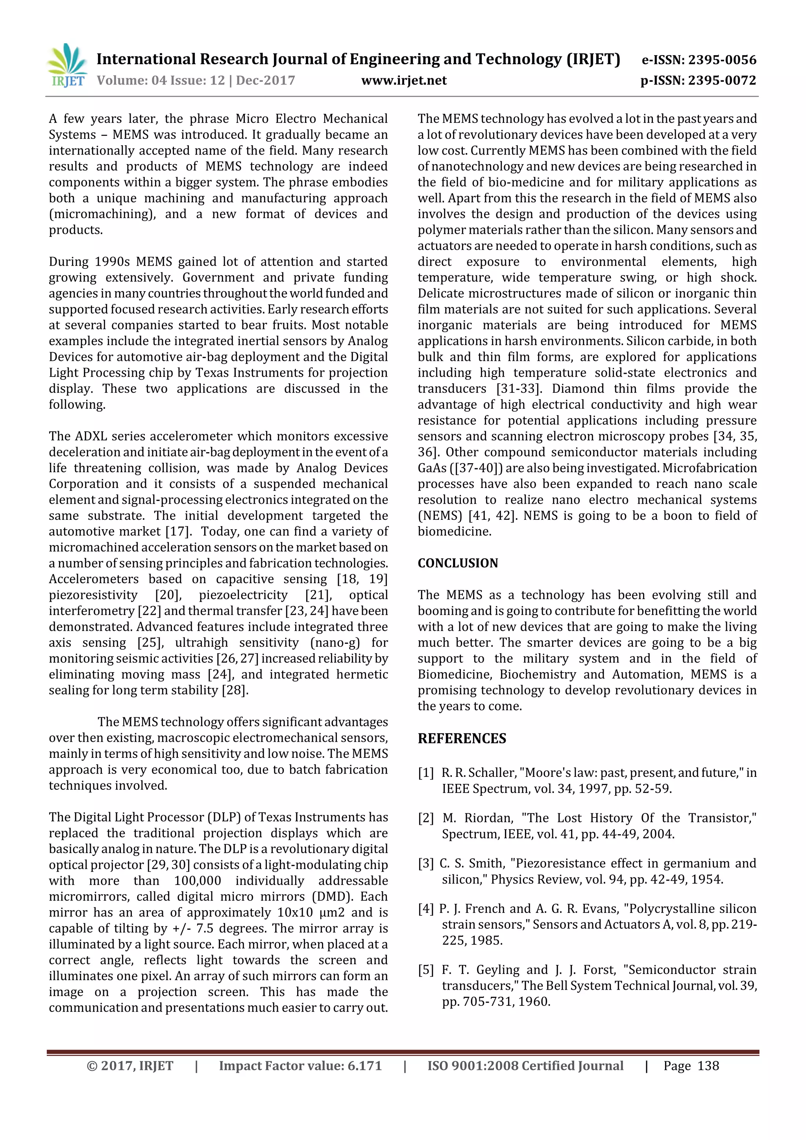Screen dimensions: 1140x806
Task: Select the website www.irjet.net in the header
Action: click(x=404, y=80)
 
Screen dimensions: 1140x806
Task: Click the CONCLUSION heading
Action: click(x=457, y=563)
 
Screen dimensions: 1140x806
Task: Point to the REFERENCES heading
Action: click(x=462, y=738)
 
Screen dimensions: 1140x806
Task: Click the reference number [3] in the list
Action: click(x=425, y=863)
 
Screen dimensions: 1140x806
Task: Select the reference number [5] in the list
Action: click(x=425, y=970)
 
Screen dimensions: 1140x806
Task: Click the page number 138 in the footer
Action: click(x=708, y=1066)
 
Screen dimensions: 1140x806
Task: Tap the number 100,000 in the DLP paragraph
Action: click(x=197, y=881)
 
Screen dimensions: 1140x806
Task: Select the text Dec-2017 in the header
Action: click(x=265, y=80)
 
